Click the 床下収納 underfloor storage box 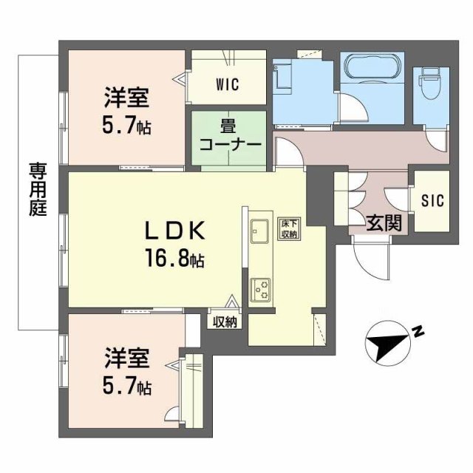click(x=288, y=229)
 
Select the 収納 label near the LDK click(x=225, y=321)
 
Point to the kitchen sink click(x=259, y=232)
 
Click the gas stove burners click(x=260, y=290)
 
